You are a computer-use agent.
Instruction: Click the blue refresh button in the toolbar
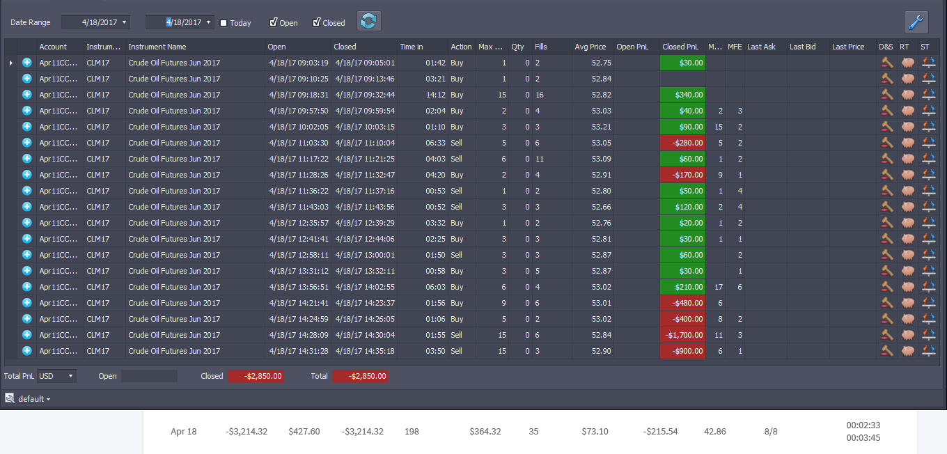point(368,21)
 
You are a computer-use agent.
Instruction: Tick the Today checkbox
point(224,23)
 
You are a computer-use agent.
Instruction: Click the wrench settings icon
point(916,22)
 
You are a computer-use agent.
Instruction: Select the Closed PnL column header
point(680,47)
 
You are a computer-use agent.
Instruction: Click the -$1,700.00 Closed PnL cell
point(683,335)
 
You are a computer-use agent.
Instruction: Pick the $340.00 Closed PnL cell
point(683,95)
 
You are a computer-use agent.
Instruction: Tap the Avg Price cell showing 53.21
point(601,127)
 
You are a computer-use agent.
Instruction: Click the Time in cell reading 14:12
point(435,95)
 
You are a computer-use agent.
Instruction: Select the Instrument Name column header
point(157,47)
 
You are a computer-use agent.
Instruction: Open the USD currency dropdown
point(56,376)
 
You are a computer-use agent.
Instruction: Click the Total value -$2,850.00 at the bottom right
point(360,376)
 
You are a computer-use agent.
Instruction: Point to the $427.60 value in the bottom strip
point(304,431)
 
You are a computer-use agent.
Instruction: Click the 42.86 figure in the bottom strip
point(715,431)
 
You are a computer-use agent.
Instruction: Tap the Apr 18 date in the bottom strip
point(184,431)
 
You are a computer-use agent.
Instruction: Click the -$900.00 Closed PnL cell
point(683,351)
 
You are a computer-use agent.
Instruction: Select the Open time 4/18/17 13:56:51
point(299,287)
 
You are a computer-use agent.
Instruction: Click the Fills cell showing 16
point(540,95)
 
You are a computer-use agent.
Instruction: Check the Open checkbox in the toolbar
point(274,22)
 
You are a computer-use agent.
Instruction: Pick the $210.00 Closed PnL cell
point(683,287)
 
